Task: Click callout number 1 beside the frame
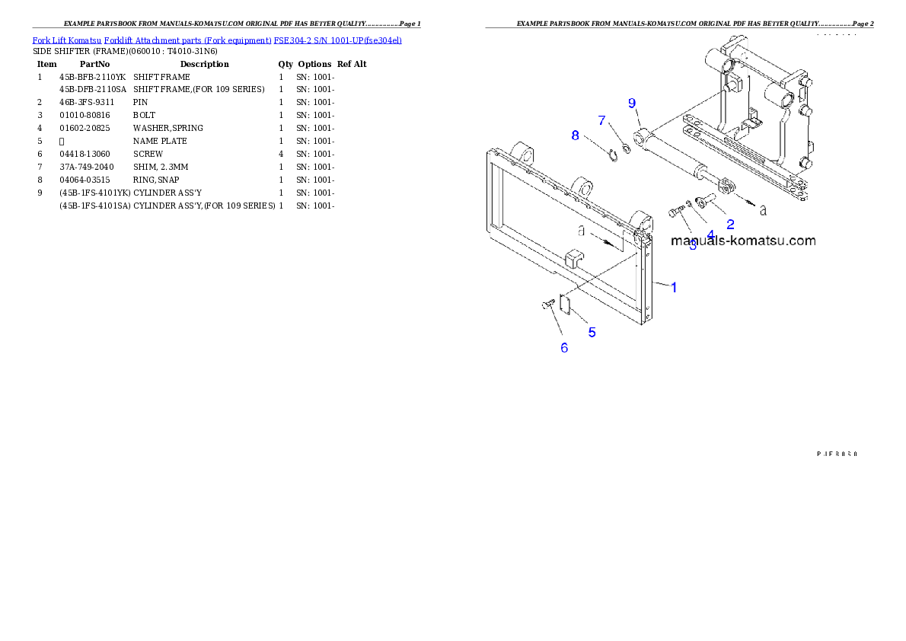[x=674, y=287]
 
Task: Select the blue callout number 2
[x=730, y=224]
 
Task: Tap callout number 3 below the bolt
[x=693, y=244]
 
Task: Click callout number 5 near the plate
[x=592, y=332]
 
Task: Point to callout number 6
[x=564, y=348]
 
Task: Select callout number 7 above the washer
[x=602, y=120]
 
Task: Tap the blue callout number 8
[x=576, y=135]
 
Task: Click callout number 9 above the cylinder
[x=632, y=103]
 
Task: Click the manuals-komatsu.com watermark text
[x=743, y=241]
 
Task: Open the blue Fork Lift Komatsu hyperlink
[x=217, y=40]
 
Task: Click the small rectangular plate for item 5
[x=566, y=304]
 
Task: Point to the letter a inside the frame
[x=581, y=229]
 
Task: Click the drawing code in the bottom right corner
[x=837, y=453]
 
